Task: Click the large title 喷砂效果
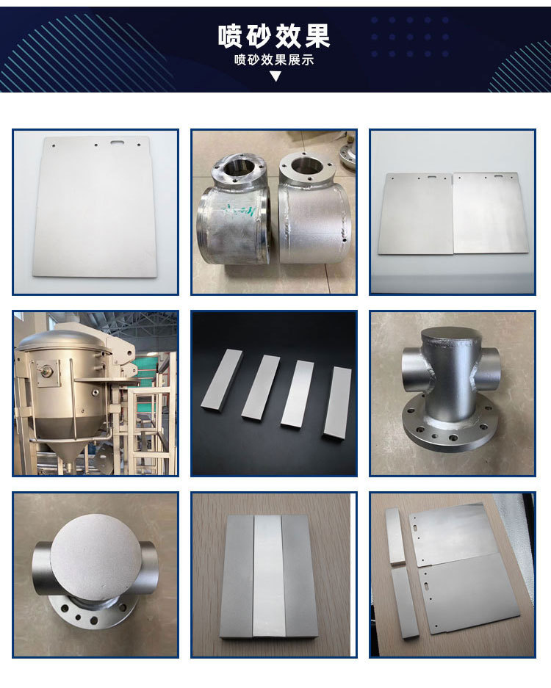[x=274, y=36]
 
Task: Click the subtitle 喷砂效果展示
[x=274, y=59]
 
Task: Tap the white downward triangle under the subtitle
[x=275, y=76]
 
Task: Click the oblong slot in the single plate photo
[x=118, y=142]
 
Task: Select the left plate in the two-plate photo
[x=415, y=214]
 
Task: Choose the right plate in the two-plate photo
[x=491, y=213]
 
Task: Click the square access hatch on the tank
[x=48, y=373]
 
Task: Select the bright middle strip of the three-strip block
[x=269, y=576]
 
